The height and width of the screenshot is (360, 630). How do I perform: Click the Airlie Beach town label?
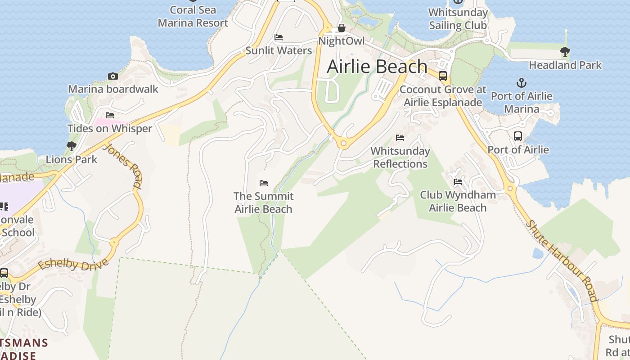click(x=377, y=67)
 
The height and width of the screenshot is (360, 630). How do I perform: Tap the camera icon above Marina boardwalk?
click(x=112, y=76)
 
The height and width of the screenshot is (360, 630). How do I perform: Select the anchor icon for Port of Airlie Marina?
click(x=521, y=83)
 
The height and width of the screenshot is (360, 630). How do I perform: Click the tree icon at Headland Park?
click(x=565, y=52)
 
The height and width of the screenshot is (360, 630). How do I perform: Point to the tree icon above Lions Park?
click(x=71, y=146)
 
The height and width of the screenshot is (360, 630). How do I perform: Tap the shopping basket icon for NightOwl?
click(x=342, y=28)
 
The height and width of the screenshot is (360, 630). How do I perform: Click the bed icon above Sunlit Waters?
click(x=279, y=37)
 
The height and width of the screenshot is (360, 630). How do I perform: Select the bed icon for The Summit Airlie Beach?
click(x=264, y=183)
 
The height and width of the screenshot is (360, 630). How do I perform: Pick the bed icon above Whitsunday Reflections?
click(x=400, y=138)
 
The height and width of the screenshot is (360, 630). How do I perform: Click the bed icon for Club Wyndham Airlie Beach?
click(x=458, y=182)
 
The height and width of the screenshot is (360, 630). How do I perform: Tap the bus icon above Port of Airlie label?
click(x=518, y=136)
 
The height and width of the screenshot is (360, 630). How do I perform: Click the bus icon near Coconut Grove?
click(x=443, y=76)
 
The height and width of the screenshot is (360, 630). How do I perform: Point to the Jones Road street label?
click(x=123, y=165)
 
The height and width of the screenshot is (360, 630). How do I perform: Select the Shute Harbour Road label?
click(x=563, y=261)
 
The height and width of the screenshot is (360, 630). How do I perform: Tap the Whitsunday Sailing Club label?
click(x=458, y=19)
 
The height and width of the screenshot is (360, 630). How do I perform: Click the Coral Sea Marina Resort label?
click(x=193, y=16)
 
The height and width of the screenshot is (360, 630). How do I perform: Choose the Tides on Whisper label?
click(x=110, y=129)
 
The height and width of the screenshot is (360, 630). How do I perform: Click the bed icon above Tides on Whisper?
click(x=109, y=115)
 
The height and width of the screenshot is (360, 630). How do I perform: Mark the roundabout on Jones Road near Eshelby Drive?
click(x=114, y=243)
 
